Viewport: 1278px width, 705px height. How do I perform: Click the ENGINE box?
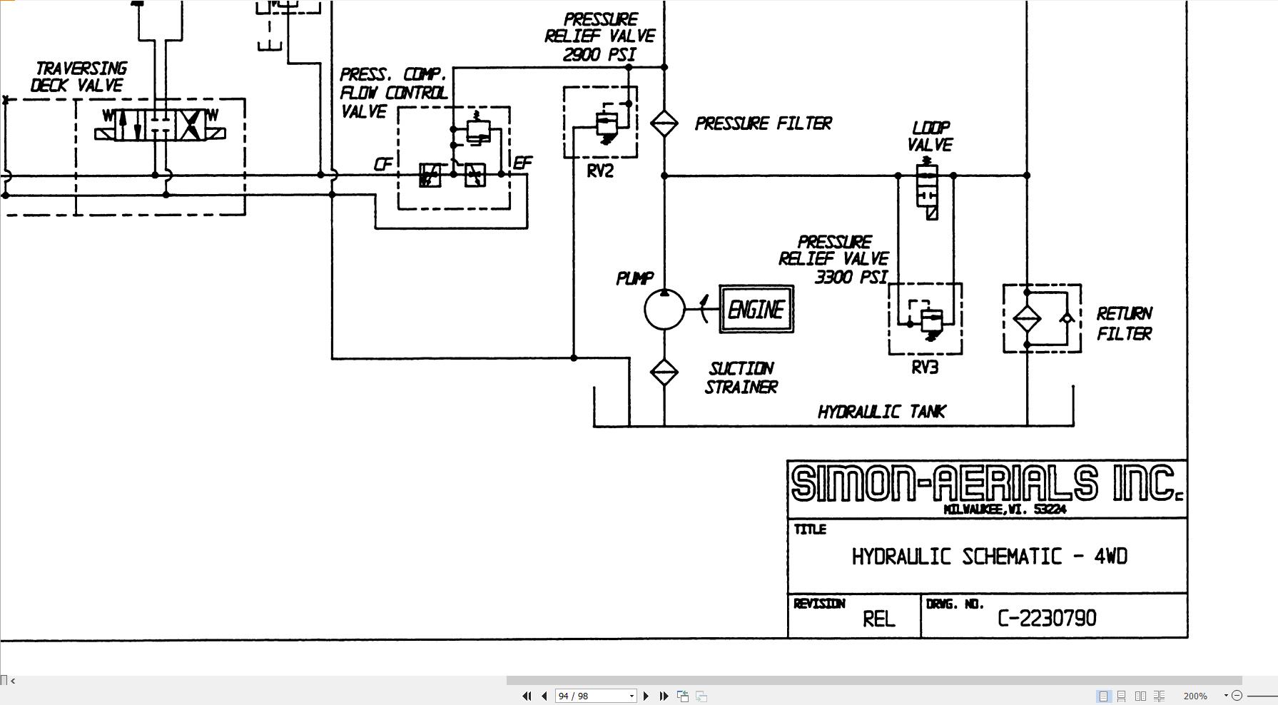756,309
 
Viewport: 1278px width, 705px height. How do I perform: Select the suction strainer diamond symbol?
664,372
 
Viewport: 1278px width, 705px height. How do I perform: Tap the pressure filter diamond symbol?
664,123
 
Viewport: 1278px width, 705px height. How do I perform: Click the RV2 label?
600,171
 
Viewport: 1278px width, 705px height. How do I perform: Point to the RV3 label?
925,367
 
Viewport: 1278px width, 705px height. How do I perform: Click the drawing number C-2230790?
1047,618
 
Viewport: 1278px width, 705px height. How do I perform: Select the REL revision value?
879,619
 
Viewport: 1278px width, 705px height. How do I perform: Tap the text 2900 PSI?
599,55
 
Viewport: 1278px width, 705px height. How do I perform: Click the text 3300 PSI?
851,277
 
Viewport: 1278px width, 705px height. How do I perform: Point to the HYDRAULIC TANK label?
882,412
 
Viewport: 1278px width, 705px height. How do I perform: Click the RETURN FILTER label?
1125,323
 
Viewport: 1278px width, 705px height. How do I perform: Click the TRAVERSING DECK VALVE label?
78,77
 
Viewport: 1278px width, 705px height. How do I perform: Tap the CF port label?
383,165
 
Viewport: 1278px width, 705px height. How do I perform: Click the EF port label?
523,163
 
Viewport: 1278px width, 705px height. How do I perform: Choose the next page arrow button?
646,696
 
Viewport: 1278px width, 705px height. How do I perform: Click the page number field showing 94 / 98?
595,696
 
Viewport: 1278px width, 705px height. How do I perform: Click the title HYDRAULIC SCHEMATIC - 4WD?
990,557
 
